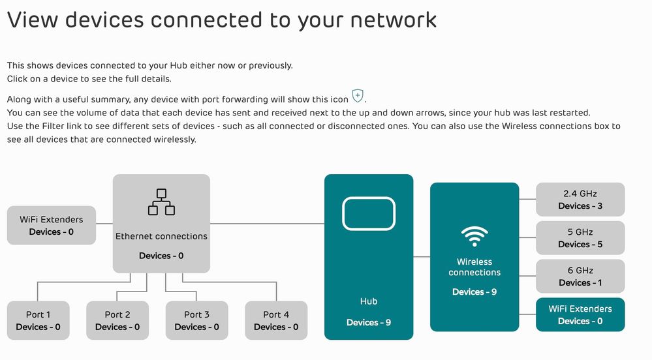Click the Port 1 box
tap(38, 320)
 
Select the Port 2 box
tap(117, 320)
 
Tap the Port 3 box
tap(196, 320)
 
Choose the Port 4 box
tap(276, 320)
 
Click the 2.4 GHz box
tap(580, 200)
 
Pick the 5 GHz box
tap(580, 238)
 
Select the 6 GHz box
tap(580, 277)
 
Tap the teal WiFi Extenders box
tap(580, 314)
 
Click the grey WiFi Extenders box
tap(51, 226)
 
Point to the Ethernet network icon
tap(161, 202)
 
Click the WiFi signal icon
tap(474, 235)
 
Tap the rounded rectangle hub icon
tap(369, 213)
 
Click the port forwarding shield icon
tap(358, 97)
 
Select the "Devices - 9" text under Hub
tap(369, 322)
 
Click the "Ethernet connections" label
tap(161, 236)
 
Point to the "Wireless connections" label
tap(474, 267)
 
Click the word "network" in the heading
tap(395, 20)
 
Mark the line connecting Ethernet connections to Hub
tap(267, 224)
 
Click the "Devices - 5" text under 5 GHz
tap(580, 245)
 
